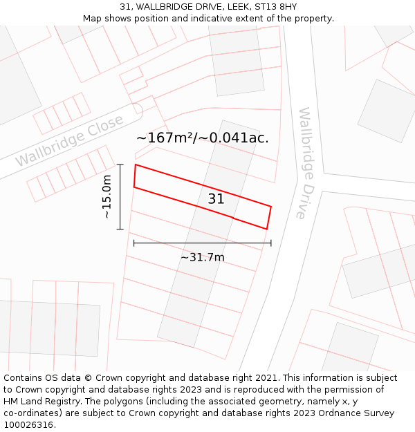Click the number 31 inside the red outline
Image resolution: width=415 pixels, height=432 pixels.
click(x=216, y=199)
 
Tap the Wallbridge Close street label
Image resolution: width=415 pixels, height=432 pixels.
click(x=69, y=140)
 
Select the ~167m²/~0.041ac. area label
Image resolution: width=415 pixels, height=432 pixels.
click(x=202, y=138)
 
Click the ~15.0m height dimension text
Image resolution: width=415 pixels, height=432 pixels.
click(x=107, y=197)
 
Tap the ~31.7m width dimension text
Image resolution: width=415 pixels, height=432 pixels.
click(x=203, y=258)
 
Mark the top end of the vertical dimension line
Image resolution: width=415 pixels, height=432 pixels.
click(x=120, y=165)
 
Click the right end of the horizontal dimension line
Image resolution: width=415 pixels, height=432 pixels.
click(x=271, y=243)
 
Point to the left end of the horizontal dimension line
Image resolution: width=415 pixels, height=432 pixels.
click(x=133, y=243)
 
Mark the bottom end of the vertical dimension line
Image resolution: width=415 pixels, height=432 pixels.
click(x=120, y=229)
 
